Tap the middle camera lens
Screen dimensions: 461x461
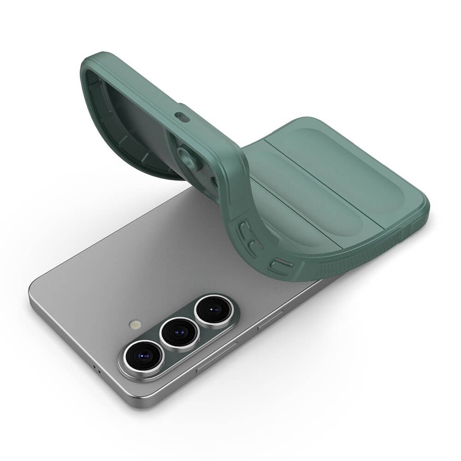(x=179, y=332)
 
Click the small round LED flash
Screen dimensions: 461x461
(x=135, y=325)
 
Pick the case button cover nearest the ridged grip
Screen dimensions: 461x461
(x=281, y=266)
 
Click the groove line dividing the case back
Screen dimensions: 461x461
(x=325, y=184)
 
